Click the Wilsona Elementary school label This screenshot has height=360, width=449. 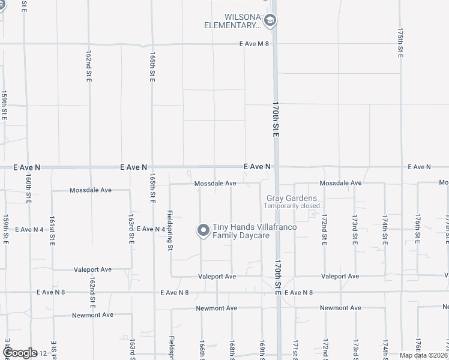232,21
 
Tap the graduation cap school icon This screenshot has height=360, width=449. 270,21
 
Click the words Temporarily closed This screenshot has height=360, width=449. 292,206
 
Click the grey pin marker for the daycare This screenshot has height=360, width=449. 203,230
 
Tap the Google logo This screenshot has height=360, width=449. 20,353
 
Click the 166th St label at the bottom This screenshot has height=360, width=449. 202,350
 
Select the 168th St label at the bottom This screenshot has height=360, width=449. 232,350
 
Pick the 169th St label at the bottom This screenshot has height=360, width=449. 262,350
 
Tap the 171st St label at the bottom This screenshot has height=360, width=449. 295,350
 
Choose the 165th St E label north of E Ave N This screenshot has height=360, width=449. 152,66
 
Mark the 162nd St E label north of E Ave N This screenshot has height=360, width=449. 88,67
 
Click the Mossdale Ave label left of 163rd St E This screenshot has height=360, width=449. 91,190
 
